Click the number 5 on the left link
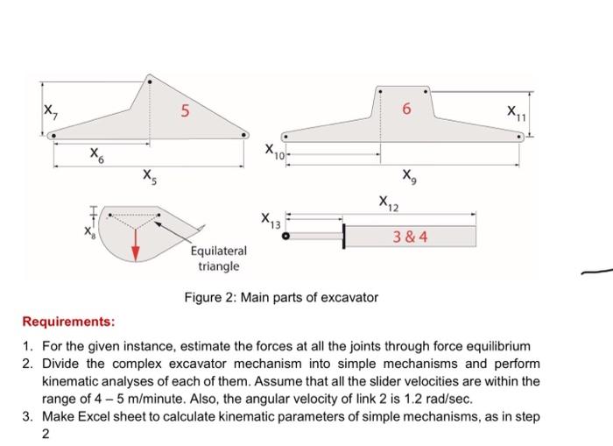tap(184, 111)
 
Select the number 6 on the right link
tap(405, 110)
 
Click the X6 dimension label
tap(95, 155)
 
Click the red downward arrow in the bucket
tap(136, 249)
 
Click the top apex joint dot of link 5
tap(149, 82)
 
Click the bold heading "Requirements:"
tap(68, 321)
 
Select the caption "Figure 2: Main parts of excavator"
tap(281, 298)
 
